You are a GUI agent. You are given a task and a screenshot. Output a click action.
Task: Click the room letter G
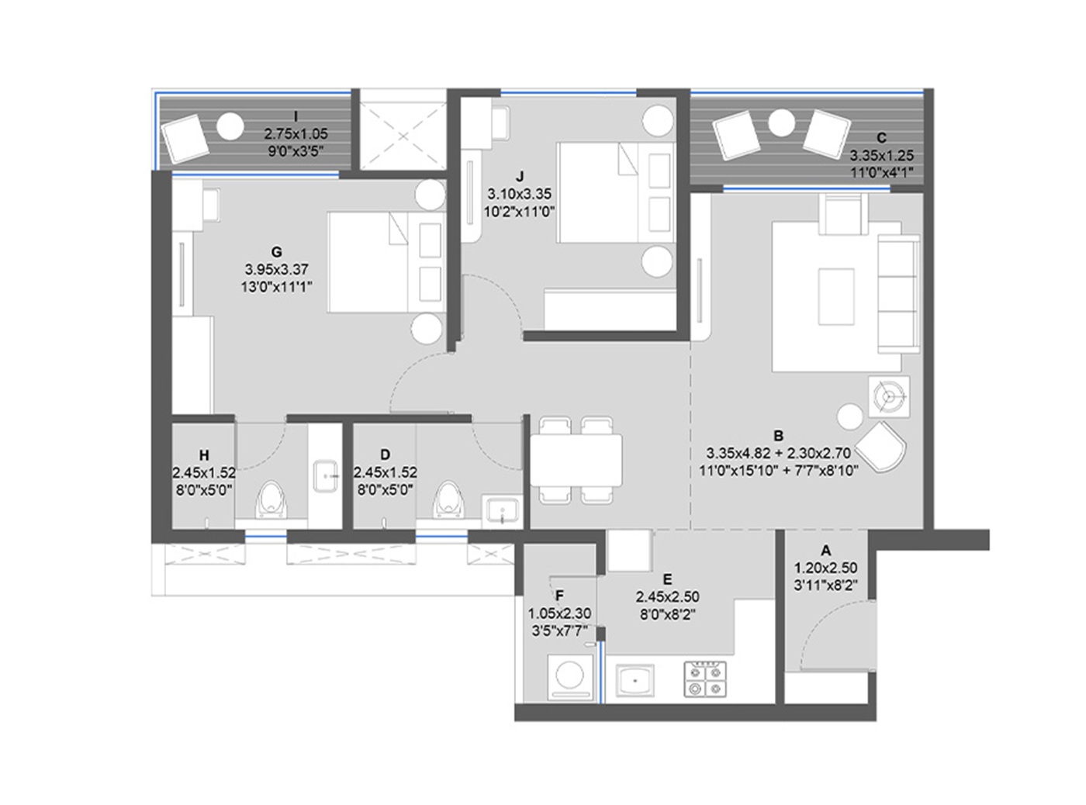pyautogui.click(x=276, y=252)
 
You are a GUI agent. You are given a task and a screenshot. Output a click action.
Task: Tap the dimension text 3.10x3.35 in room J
pyautogui.click(x=519, y=194)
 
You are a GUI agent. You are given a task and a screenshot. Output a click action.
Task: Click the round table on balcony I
pyautogui.click(x=230, y=125)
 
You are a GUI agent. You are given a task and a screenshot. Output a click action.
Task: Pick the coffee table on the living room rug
pyautogui.click(x=836, y=295)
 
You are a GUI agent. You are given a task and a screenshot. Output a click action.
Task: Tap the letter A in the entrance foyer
pyautogui.click(x=825, y=551)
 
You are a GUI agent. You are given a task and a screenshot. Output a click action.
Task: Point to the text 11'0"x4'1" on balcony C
pyautogui.click(x=881, y=171)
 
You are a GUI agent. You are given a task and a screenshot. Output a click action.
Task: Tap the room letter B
pyautogui.click(x=778, y=435)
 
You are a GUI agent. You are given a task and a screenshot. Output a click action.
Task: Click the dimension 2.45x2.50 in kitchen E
pyautogui.click(x=667, y=596)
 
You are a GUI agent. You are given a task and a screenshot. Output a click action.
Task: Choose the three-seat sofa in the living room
pyautogui.click(x=898, y=295)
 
